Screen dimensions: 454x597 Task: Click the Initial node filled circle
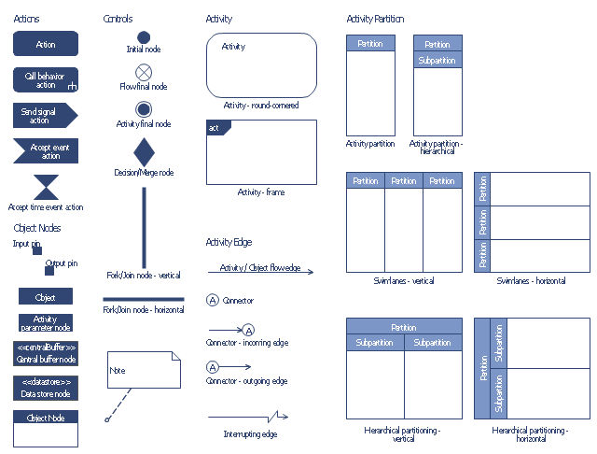144,37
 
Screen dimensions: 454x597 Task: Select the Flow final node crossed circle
144,72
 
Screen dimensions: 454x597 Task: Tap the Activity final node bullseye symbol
144,109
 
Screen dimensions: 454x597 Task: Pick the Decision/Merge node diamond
144,151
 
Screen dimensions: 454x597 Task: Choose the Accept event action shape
45,151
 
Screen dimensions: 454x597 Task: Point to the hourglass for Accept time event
45,188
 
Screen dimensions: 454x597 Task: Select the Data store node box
45,389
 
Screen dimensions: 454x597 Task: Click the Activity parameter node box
45,323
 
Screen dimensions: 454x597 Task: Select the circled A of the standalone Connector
212,301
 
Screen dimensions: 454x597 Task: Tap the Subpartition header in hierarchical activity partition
437,61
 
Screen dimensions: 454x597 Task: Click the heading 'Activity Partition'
374,19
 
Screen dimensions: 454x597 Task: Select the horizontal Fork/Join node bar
144,300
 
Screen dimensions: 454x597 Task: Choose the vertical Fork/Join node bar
144,227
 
